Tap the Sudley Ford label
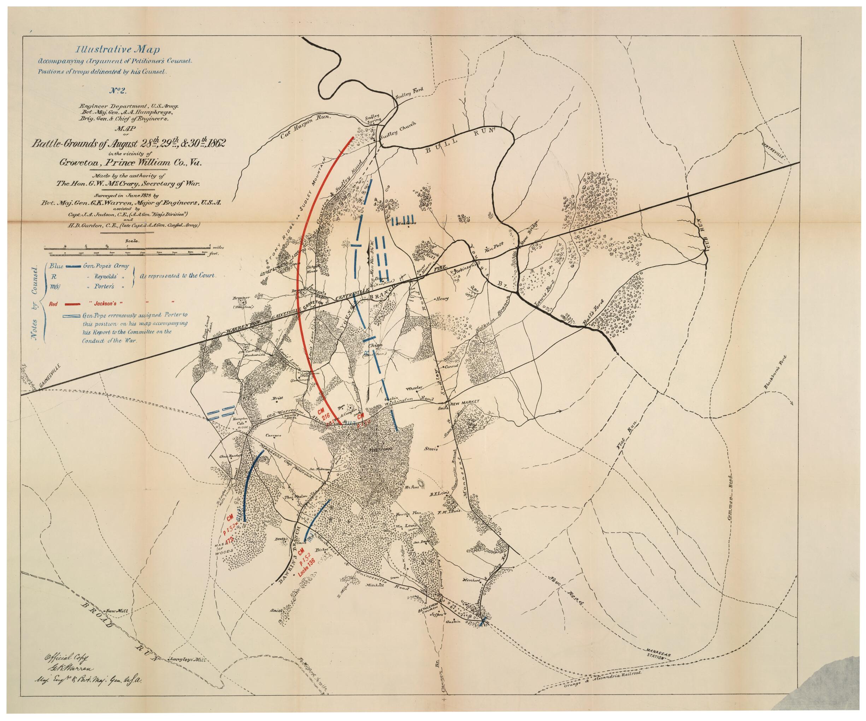(409, 93)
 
